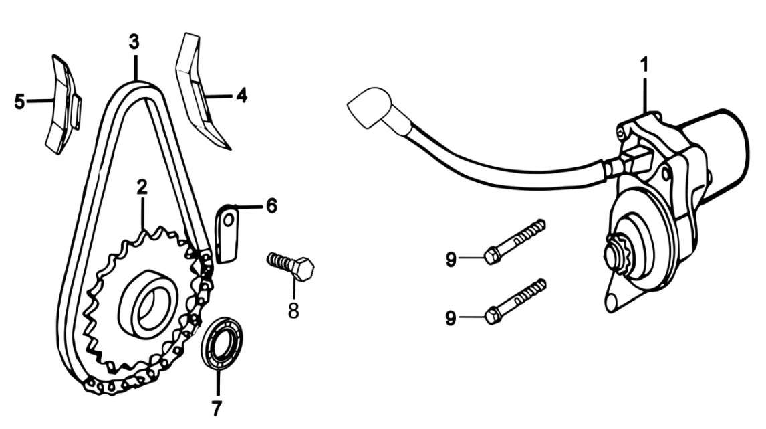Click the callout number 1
click(x=644, y=64)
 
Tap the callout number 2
click(x=142, y=187)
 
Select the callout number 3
click(x=134, y=41)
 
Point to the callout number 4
click(x=241, y=96)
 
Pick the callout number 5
click(x=19, y=102)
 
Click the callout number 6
click(x=271, y=206)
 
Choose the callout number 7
click(x=217, y=408)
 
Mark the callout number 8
click(x=293, y=310)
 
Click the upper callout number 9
click(x=451, y=259)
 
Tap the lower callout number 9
click(x=451, y=318)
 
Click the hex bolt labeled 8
click(x=291, y=266)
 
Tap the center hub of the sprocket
click(x=148, y=303)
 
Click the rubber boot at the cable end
click(x=369, y=106)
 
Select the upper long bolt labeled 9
click(x=515, y=241)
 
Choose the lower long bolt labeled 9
click(x=515, y=301)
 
